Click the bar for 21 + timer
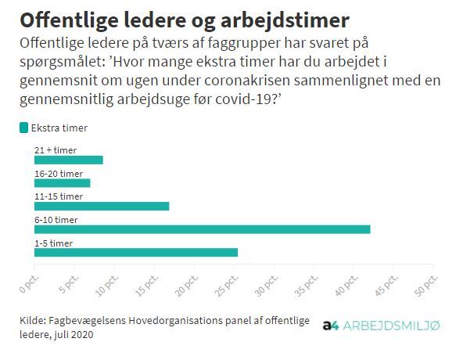69,160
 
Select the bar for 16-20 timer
62,183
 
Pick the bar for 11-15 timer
102,207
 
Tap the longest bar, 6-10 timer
203,229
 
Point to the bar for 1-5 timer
136,253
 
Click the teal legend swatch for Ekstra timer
24,128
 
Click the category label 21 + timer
56,150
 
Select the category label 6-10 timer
56,220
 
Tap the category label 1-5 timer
53,243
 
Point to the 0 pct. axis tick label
29,284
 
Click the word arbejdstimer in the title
285,20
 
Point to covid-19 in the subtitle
246,99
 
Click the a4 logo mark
331,326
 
